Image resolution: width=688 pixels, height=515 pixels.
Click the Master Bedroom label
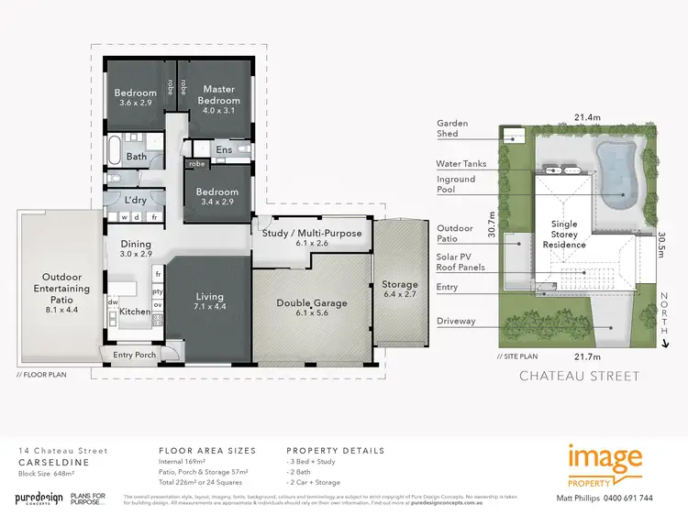point(220,94)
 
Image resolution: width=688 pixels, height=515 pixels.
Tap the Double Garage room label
point(310,303)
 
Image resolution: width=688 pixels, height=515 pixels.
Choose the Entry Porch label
point(135,355)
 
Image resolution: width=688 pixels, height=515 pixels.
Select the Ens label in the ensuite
point(224,149)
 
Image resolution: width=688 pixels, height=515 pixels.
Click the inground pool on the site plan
point(616,174)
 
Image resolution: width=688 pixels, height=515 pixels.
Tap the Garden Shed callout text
point(452,128)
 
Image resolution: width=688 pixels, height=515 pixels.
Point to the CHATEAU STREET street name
point(580,375)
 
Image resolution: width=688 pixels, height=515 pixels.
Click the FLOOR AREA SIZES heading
point(207,451)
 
